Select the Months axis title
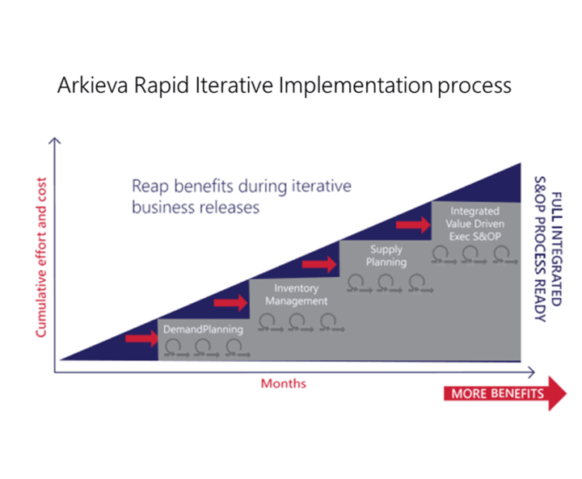click(x=283, y=384)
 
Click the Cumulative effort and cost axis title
click(x=40, y=258)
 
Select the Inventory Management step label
click(x=296, y=295)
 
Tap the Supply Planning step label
click(x=386, y=256)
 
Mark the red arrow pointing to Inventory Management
click(x=230, y=302)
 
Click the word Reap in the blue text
click(x=150, y=187)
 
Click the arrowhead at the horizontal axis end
click(x=529, y=372)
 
